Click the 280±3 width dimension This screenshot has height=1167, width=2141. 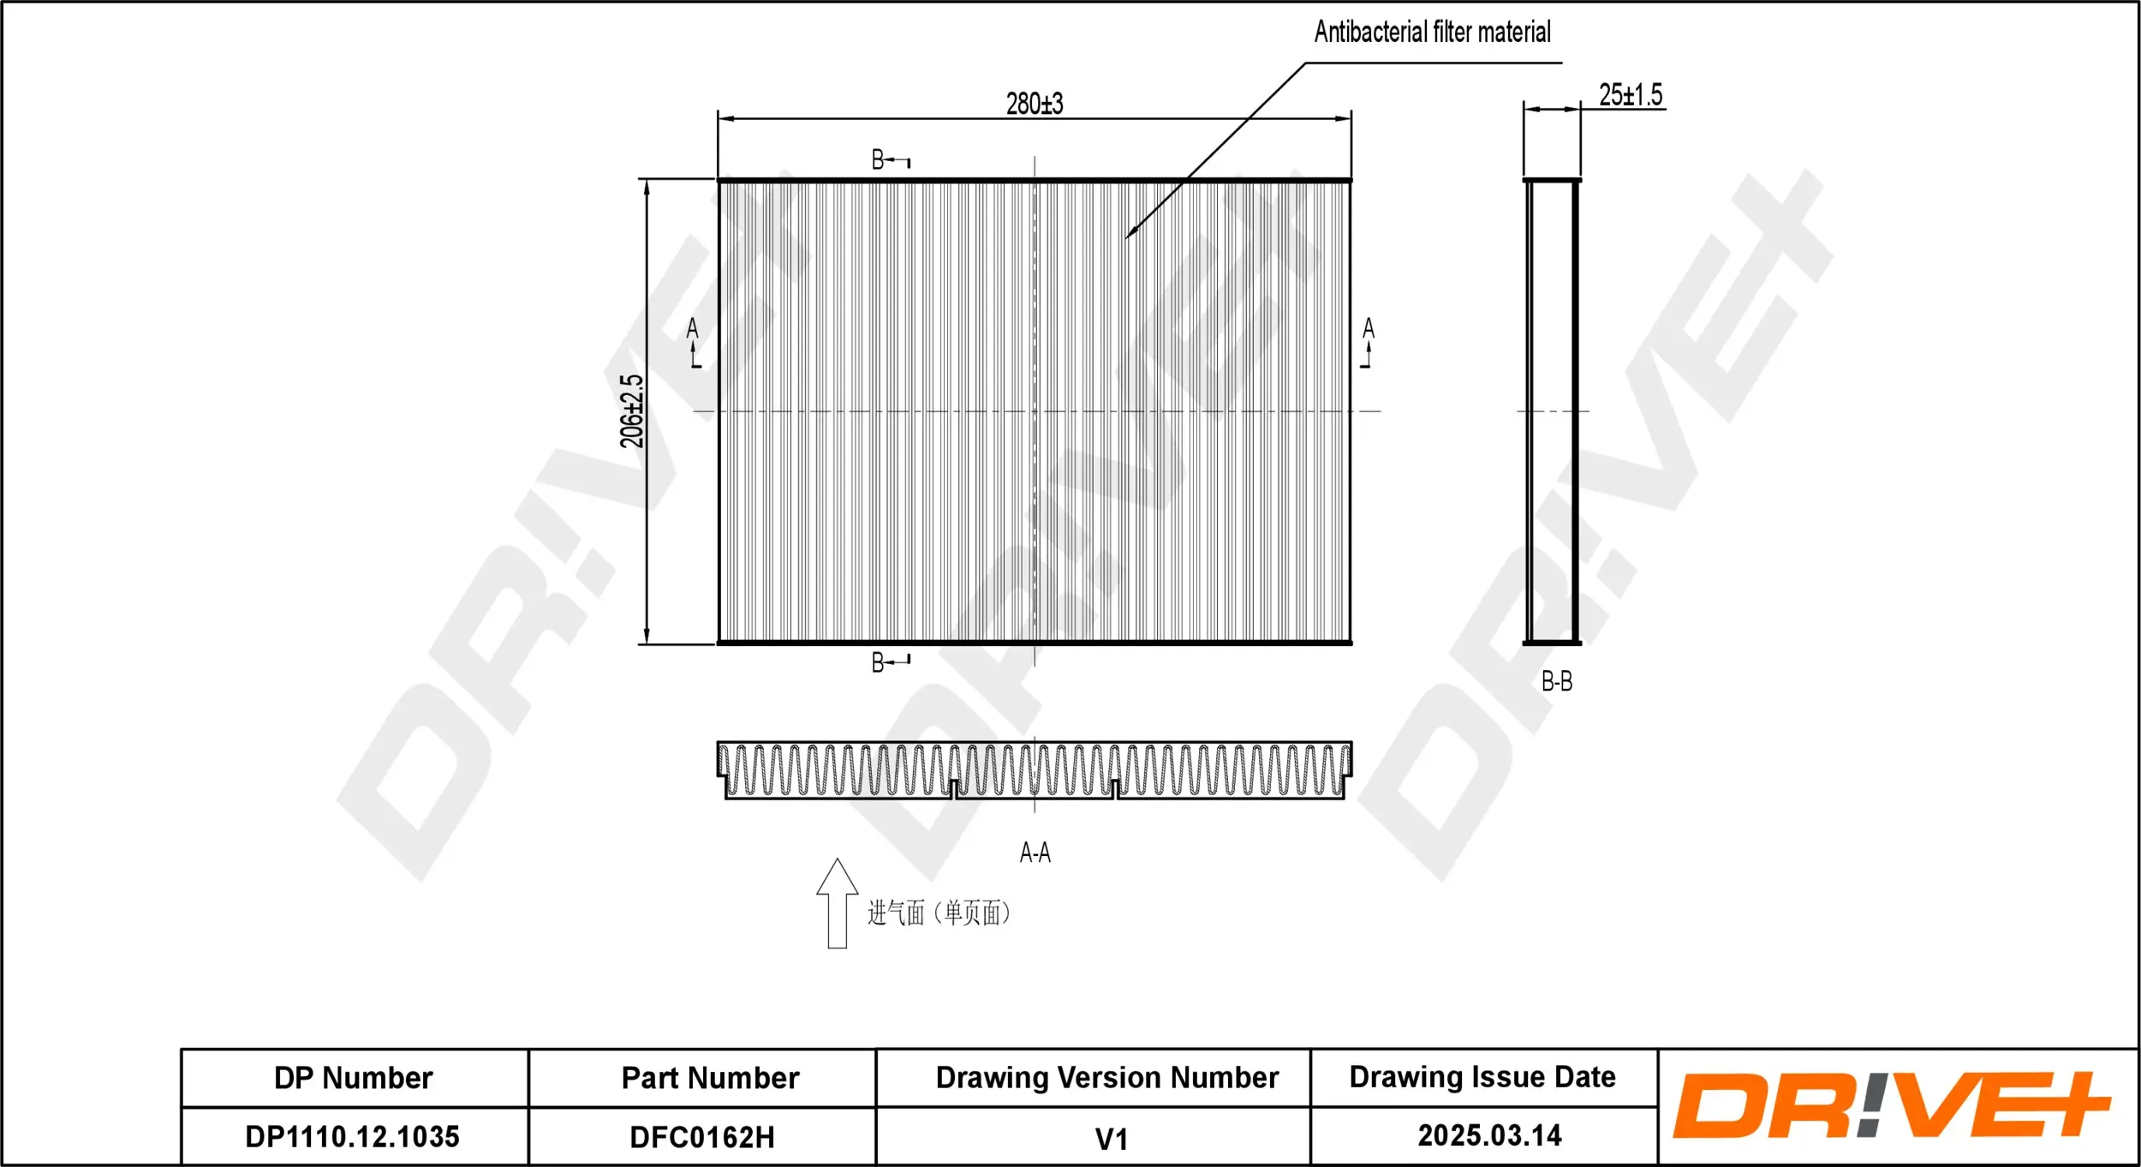coord(1034,104)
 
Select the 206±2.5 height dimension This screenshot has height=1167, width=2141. coord(631,411)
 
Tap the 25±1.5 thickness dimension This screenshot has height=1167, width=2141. coord(1630,94)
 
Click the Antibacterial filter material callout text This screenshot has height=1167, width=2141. coord(1432,33)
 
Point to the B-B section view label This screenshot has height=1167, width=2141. coord(1556,681)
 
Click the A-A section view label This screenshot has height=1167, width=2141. coord(1035,853)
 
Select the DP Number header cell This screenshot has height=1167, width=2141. coord(353,1078)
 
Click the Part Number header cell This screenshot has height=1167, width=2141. coord(710,1078)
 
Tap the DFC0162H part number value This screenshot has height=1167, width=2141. coord(701,1138)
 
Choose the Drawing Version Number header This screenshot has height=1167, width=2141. coord(1106,1078)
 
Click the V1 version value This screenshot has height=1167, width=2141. coord(1111,1140)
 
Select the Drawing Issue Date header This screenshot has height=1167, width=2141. coord(1482,1077)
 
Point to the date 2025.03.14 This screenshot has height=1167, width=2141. coord(1489,1136)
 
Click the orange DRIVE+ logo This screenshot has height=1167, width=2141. coord(1891,1106)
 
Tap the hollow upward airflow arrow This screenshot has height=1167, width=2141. coord(837,904)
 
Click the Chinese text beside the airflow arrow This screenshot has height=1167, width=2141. coord(939,913)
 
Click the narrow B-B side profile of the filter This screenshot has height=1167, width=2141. coord(1551,411)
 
